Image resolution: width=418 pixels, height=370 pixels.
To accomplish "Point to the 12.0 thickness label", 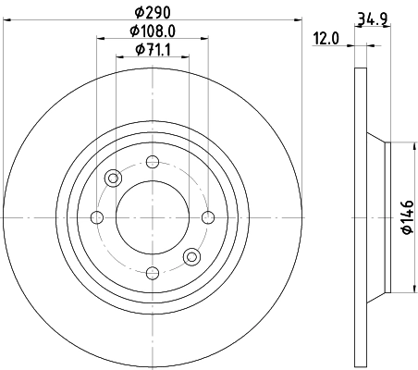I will click(x=325, y=38).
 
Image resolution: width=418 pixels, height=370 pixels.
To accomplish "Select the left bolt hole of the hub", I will click(x=98, y=218).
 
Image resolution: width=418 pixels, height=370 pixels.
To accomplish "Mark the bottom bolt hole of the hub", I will click(x=152, y=272).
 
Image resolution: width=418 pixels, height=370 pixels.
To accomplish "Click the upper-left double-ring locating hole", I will click(x=114, y=179).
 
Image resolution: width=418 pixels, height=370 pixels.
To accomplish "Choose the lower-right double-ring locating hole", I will click(x=191, y=256).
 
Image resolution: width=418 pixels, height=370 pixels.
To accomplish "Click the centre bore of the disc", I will click(x=152, y=218).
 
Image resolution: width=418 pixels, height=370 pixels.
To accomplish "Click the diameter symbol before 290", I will click(x=136, y=11).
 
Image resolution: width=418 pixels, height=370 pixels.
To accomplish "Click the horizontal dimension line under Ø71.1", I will click(x=152, y=57).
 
